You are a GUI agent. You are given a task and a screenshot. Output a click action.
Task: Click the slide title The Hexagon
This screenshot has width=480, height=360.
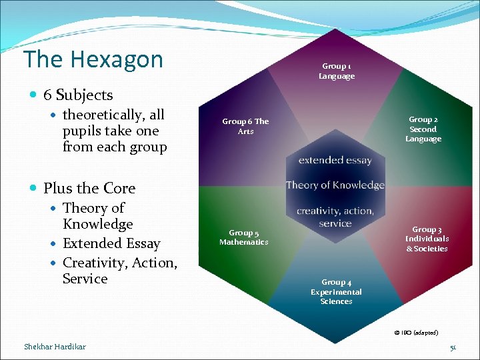click(x=93, y=59)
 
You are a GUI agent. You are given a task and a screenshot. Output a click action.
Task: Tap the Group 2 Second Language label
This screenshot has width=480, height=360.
click(x=423, y=129)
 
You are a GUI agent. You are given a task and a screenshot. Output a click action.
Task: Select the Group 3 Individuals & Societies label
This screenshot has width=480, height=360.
click(x=427, y=239)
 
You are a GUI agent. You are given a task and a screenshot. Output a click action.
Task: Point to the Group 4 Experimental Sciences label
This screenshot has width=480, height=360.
click(x=336, y=292)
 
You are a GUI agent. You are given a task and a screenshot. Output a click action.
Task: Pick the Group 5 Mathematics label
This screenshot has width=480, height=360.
click(x=243, y=237)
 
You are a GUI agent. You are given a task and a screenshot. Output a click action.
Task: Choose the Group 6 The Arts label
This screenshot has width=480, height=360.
click(x=245, y=126)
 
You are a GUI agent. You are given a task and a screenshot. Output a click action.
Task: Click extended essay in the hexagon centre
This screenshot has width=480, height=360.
click(x=335, y=160)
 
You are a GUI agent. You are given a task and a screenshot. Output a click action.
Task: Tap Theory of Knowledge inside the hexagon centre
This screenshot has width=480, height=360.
click(x=335, y=185)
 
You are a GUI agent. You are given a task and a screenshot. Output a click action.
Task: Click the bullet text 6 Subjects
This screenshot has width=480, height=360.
click(x=78, y=95)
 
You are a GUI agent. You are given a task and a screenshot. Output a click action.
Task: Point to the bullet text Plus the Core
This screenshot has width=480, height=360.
click(x=89, y=188)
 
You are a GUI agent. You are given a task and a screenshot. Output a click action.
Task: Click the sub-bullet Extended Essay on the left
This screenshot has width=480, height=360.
click(x=111, y=243)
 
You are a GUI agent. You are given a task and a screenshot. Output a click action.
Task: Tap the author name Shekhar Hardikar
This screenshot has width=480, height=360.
click(x=55, y=346)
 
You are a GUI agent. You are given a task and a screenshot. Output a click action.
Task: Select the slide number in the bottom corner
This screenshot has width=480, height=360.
click(x=453, y=347)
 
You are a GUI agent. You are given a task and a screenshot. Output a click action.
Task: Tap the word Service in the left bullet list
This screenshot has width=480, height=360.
click(x=85, y=279)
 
